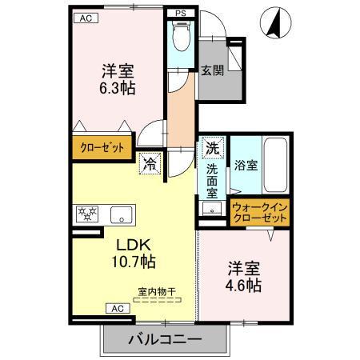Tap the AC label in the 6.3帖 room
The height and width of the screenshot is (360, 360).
82,18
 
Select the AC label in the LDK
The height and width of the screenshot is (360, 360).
116,308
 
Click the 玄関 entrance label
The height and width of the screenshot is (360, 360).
212,70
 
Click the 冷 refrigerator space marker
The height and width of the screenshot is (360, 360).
150,165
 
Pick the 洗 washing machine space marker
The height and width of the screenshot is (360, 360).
213,149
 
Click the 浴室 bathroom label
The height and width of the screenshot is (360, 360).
245,166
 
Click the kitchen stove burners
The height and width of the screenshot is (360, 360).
86,214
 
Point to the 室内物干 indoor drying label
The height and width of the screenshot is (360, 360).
156,292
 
